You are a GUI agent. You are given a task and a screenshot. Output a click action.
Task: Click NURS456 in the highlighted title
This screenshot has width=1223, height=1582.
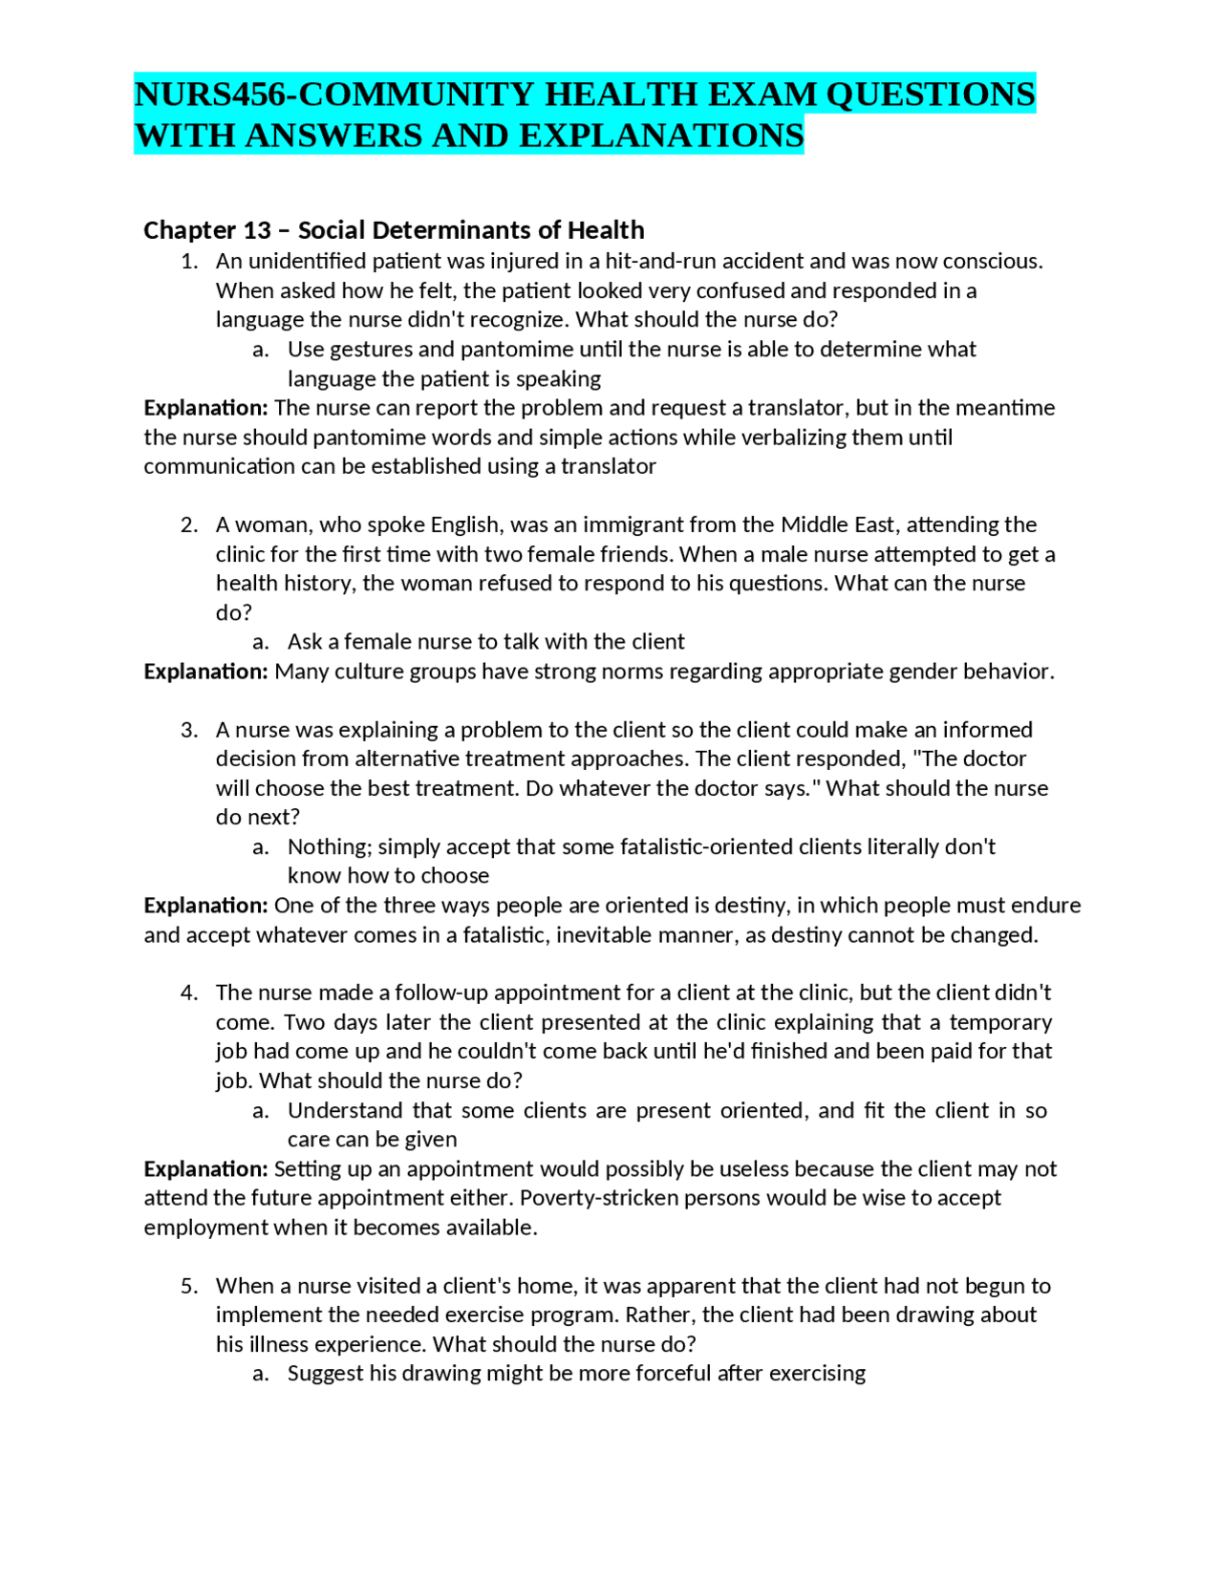[x=211, y=95]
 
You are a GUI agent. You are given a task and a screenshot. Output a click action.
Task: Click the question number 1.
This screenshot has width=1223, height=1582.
[x=189, y=262]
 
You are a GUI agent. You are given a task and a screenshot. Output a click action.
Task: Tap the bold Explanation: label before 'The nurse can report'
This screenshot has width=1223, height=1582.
[x=205, y=408]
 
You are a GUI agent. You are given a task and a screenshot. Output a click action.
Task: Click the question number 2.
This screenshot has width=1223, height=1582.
[x=189, y=525]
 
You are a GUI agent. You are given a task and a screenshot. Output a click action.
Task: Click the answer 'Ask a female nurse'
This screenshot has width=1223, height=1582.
[x=485, y=642]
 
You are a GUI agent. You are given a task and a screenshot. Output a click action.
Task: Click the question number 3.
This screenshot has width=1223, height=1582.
[x=189, y=730]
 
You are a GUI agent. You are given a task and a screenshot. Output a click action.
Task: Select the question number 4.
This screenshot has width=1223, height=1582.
[x=189, y=994]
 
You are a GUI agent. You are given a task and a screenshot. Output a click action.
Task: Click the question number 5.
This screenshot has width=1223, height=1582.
[x=189, y=1286]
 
